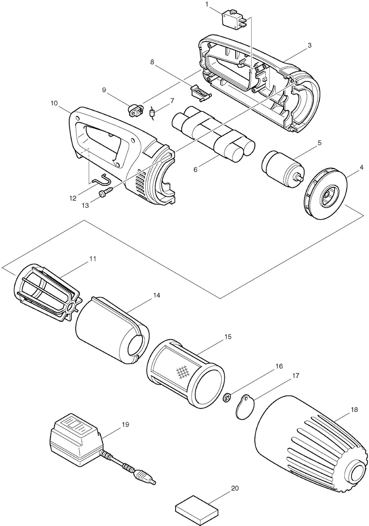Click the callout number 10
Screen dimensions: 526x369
coord(54,103)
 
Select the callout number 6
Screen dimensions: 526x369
coord(195,169)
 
